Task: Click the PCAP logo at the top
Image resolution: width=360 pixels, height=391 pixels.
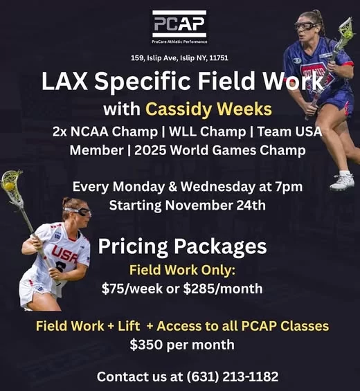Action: [179, 27]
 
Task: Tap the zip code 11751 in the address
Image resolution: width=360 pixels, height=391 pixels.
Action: [219, 58]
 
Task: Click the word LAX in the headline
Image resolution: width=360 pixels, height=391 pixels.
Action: [64, 81]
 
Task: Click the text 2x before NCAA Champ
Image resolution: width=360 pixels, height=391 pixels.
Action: [60, 131]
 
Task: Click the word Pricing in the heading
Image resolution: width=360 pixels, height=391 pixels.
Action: [133, 246]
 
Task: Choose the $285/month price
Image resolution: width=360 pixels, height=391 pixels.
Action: [223, 289]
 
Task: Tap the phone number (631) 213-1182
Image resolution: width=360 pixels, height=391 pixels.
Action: [232, 376]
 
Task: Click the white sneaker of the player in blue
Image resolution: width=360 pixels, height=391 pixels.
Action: [343, 181]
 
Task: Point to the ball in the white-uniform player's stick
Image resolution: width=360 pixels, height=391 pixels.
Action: [10, 186]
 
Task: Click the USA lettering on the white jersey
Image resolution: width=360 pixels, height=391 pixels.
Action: [64, 254]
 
